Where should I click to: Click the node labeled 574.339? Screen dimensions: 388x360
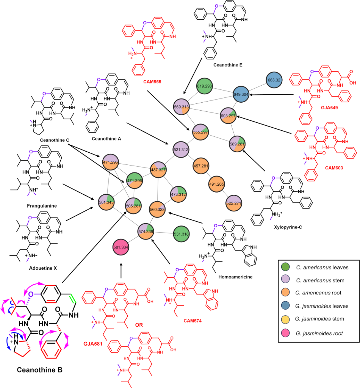point(146,231)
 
